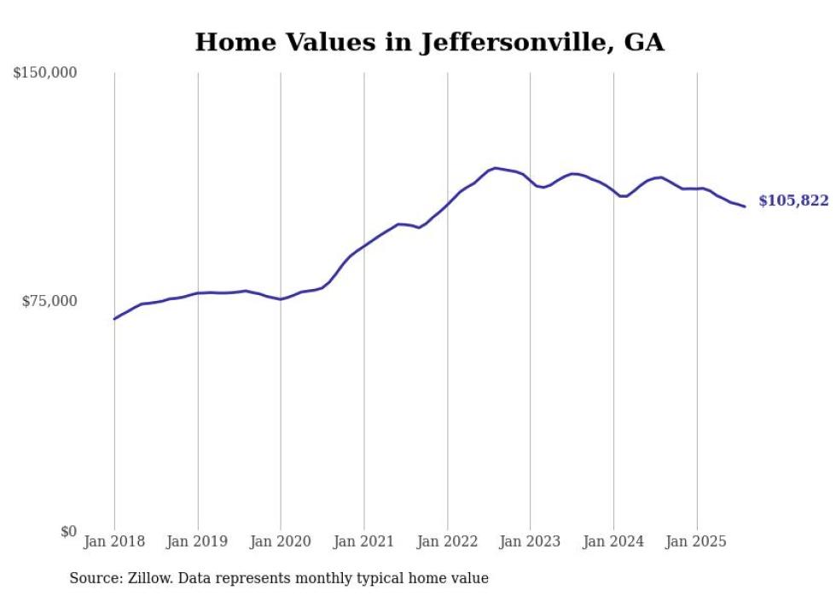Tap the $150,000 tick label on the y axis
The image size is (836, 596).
[x=45, y=73]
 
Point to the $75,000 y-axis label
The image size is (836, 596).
[x=49, y=301]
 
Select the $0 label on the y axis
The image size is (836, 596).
[x=68, y=531]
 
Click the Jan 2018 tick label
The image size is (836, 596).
[x=114, y=541]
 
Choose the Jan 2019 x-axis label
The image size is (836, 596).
[x=198, y=541]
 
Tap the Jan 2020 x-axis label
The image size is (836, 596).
[x=281, y=541]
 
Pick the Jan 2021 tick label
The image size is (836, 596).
[x=364, y=541]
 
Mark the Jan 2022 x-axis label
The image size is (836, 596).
[x=447, y=541]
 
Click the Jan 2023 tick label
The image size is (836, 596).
[x=531, y=541]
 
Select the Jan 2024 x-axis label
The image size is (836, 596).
[x=613, y=541]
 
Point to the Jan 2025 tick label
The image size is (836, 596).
[x=697, y=541]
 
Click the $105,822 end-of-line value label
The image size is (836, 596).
[x=793, y=201]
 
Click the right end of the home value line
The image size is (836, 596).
[x=745, y=206]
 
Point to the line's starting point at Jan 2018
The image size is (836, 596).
[x=114, y=319]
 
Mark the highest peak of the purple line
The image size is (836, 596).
[x=496, y=168]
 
